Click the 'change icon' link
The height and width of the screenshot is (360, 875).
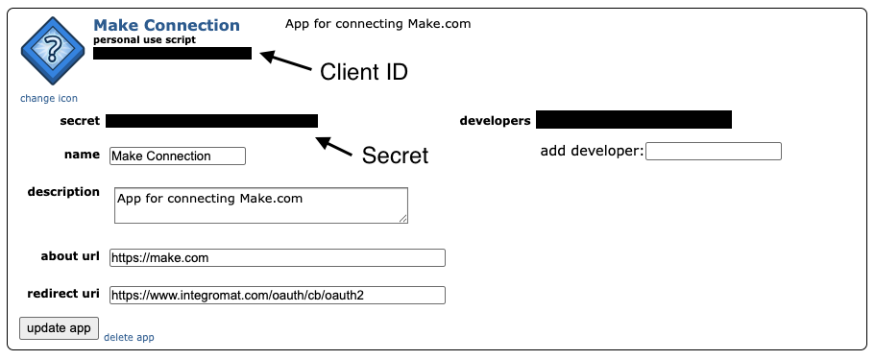(49, 98)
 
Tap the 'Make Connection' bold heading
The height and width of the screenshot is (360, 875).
(166, 25)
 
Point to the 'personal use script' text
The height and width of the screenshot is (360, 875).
(144, 39)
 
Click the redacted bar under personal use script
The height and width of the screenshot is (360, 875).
(173, 54)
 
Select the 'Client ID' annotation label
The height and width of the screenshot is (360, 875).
(364, 72)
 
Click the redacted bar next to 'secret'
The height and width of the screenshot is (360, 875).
(211, 121)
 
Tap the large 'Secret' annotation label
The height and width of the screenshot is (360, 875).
(394, 156)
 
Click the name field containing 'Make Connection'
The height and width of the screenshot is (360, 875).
(178, 156)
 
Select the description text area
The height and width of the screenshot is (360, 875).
(260, 205)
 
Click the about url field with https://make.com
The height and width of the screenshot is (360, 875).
(278, 257)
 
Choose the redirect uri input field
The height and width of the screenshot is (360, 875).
(278, 296)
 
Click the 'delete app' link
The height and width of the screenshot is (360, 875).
(129, 337)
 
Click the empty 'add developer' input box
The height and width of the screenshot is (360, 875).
(714, 151)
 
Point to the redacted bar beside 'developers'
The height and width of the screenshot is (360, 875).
(634, 120)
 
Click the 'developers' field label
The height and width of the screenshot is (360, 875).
(495, 121)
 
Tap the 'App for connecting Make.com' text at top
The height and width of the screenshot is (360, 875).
(378, 23)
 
